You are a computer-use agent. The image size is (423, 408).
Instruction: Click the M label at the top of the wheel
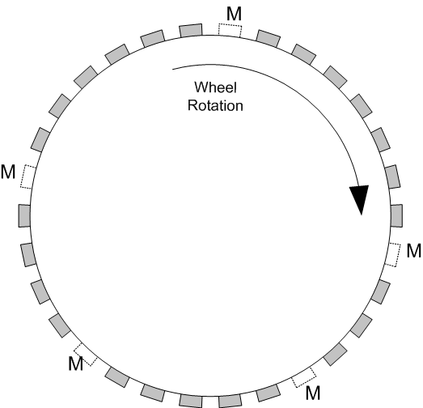[234, 14]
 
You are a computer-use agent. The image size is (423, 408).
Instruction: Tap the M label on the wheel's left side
[8, 172]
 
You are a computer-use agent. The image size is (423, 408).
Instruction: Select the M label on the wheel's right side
[413, 251]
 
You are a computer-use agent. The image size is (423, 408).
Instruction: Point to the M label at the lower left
[75, 363]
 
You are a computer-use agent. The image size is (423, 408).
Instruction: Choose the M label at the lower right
[313, 393]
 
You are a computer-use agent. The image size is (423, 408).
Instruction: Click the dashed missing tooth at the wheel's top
[230, 31]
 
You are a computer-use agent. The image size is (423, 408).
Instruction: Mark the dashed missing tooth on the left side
[28, 176]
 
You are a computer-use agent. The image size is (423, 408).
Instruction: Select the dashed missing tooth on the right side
[392, 255]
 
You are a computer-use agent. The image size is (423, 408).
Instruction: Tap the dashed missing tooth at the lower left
[86, 355]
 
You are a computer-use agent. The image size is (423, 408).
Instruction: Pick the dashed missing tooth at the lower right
[304, 377]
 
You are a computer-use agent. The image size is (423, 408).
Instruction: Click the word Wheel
[216, 87]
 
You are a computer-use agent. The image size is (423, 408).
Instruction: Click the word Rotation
[215, 105]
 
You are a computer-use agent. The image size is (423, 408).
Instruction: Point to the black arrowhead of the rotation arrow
[360, 199]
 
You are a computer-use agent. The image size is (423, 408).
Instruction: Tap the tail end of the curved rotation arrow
[172, 70]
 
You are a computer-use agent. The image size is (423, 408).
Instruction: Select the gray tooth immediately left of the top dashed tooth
[191, 30]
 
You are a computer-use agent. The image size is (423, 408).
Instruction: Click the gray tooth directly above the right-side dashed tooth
[396, 215]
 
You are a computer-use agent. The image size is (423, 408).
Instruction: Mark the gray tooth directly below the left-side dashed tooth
[24, 215]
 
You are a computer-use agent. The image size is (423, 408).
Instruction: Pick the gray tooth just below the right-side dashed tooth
[380, 292]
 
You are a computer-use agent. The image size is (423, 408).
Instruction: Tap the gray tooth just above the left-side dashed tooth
[40, 139]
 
